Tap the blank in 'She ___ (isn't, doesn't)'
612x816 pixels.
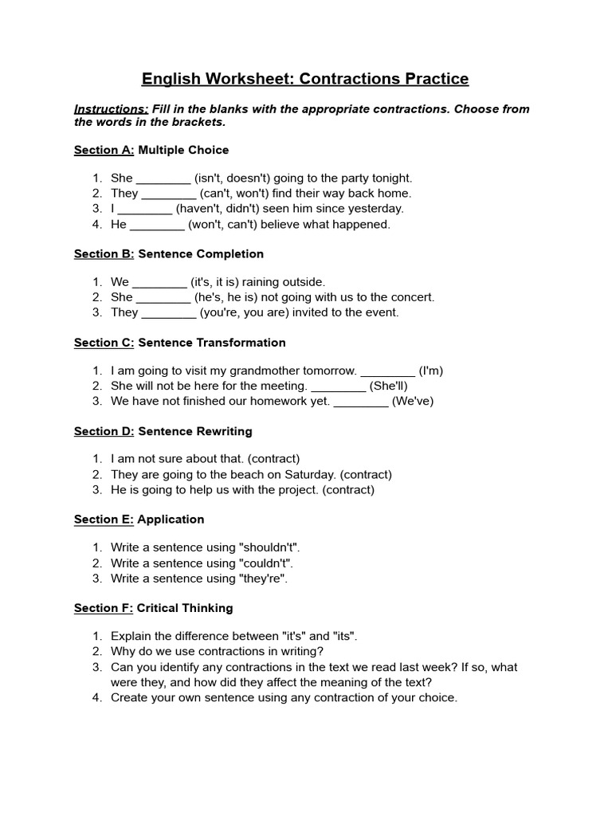pos(163,178)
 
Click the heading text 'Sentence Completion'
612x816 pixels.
pos(201,253)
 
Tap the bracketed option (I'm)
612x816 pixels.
pos(431,371)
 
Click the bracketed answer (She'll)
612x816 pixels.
pos(389,386)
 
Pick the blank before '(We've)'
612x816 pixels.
pos(361,401)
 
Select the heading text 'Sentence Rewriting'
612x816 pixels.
pos(195,431)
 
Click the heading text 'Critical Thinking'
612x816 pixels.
pos(185,608)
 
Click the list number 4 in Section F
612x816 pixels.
pos(96,697)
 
